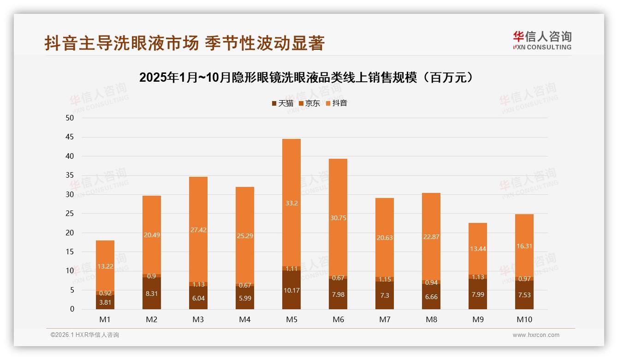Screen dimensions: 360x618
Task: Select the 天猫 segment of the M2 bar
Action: click(x=152, y=294)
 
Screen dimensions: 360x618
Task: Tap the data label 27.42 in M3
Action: click(x=198, y=229)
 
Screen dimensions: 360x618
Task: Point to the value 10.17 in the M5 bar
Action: click(x=291, y=290)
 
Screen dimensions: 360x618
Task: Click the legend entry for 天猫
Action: click(x=282, y=103)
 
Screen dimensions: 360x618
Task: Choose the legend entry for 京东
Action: click(x=309, y=103)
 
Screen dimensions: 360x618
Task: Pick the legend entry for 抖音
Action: click(x=336, y=103)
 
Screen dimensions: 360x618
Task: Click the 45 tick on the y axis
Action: click(x=70, y=137)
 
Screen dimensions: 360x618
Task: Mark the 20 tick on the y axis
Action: click(x=70, y=233)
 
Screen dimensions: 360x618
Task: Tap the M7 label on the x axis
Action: click(x=384, y=319)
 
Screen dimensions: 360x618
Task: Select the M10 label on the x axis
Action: click(x=524, y=319)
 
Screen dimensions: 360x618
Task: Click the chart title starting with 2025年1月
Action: click(x=307, y=78)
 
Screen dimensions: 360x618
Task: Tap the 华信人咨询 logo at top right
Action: click(x=542, y=40)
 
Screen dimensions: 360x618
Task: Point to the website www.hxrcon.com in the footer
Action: click(x=536, y=335)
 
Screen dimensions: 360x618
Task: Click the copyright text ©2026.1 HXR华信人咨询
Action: click(x=84, y=335)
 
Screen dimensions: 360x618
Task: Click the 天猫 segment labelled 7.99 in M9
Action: click(x=477, y=294)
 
